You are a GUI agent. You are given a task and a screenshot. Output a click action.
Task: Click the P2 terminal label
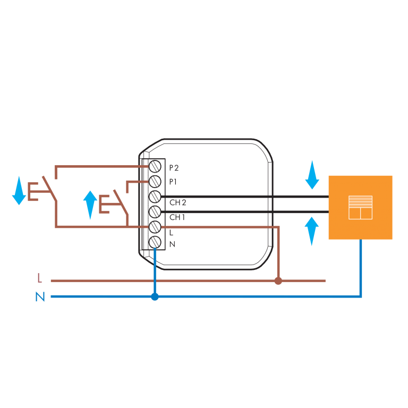coord(174,168)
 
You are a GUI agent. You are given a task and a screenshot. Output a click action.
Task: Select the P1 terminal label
coord(173,182)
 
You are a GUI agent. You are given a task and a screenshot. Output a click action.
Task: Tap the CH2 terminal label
coord(177,202)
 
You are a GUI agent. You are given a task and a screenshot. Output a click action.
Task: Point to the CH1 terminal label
coord(177,217)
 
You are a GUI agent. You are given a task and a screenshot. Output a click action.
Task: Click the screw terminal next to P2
coord(155,166)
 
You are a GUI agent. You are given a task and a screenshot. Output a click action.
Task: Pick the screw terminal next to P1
coord(155,181)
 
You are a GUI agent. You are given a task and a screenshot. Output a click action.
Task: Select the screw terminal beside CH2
coord(155,197)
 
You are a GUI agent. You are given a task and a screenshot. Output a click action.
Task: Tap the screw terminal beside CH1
coord(155,212)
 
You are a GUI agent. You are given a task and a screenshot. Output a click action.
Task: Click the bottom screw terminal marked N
coord(155,242)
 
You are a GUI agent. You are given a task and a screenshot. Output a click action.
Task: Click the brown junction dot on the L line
coord(278,280)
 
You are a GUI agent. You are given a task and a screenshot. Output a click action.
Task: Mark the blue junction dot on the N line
coord(155,296)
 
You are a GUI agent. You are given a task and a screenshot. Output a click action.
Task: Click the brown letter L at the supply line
coord(39,278)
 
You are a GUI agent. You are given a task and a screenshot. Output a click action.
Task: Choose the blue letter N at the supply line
coord(40,297)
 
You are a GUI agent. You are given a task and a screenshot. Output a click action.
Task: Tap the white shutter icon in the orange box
coord(360,207)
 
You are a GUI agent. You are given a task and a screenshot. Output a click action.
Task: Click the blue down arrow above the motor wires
coord(312,175)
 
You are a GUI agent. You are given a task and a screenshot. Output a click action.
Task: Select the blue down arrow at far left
coord(19,190)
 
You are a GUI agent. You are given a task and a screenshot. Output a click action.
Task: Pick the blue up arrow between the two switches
coord(90,205)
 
